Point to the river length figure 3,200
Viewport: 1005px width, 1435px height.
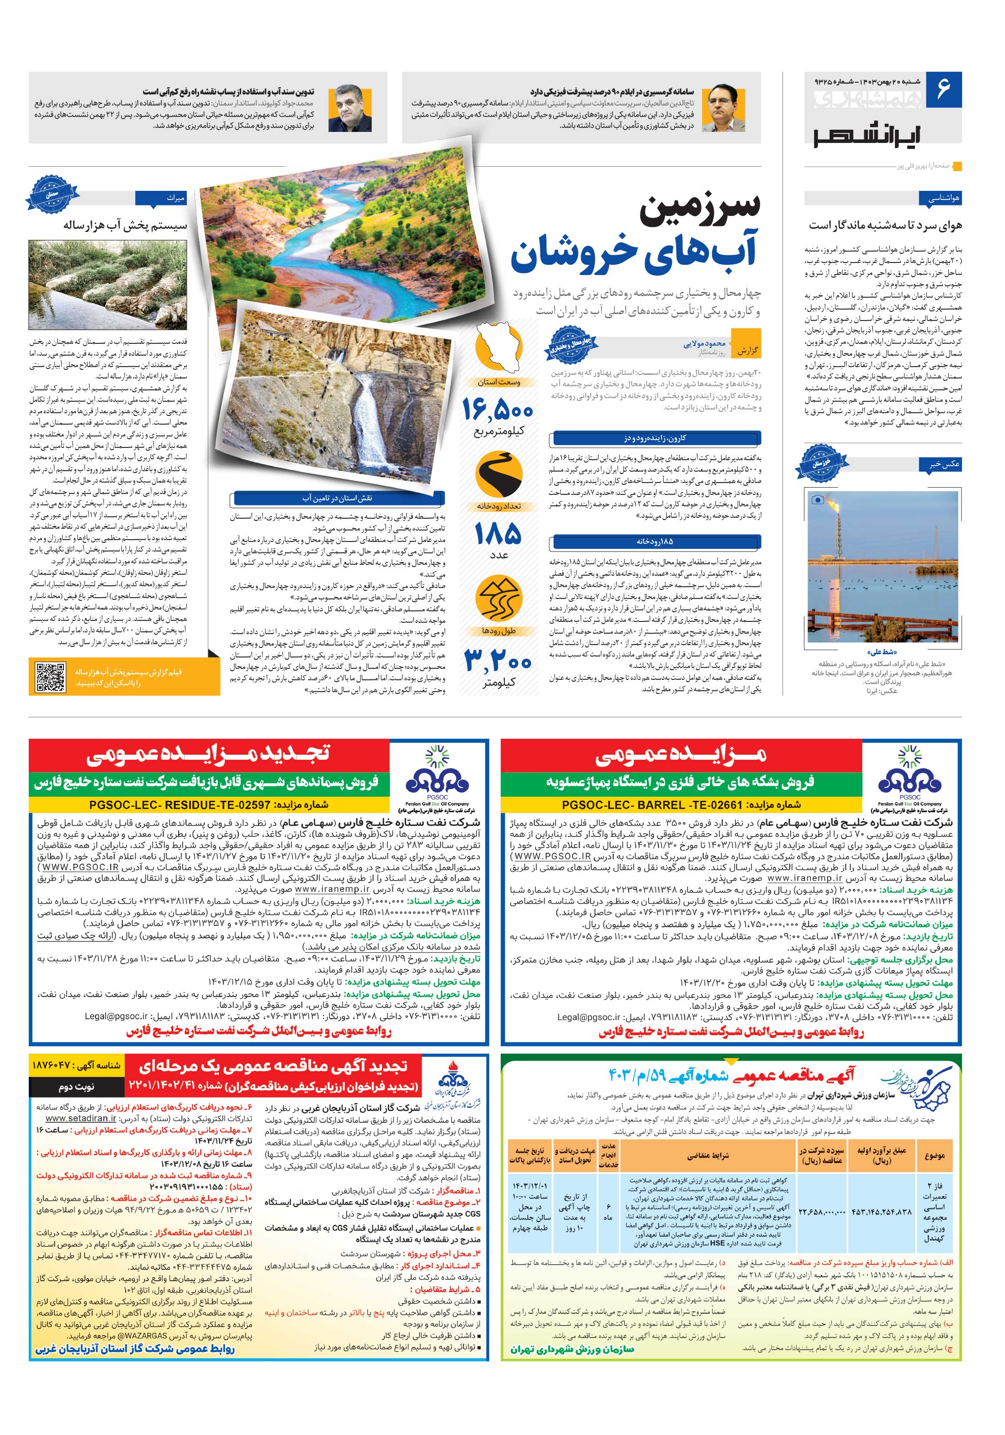click(x=498, y=660)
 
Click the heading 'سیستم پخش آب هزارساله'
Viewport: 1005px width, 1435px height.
click(x=125, y=226)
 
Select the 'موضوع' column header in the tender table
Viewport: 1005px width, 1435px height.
click(x=934, y=1155)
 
